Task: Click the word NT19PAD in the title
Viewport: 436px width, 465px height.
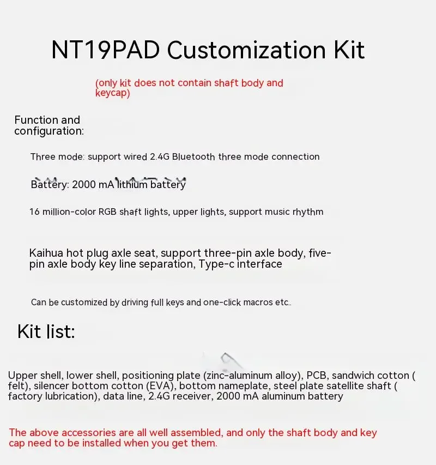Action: pos(105,50)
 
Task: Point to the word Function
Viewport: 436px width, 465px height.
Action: pos(36,120)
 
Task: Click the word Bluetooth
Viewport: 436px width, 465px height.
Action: pos(193,156)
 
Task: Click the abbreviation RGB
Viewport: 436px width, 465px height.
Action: pos(107,212)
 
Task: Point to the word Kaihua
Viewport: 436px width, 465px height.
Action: pos(46,253)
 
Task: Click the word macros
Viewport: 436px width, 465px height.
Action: pos(257,303)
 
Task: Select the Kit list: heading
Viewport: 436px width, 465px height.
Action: pos(46,331)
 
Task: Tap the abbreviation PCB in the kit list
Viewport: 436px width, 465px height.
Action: pos(317,375)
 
